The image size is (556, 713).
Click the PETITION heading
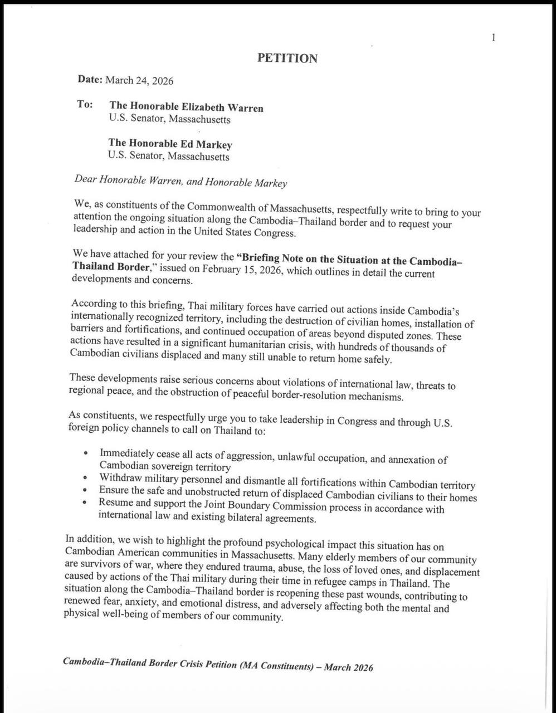[x=287, y=58]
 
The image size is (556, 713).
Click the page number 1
[x=494, y=38]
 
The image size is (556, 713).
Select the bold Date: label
[x=90, y=80]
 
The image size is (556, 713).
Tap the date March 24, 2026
[x=139, y=81]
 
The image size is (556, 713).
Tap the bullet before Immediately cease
[x=85, y=454]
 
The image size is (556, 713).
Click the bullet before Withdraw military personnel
[x=85, y=478]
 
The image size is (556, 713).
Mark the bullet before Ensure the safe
[x=85, y=490]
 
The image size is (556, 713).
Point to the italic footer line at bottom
[x=218, y=665]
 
